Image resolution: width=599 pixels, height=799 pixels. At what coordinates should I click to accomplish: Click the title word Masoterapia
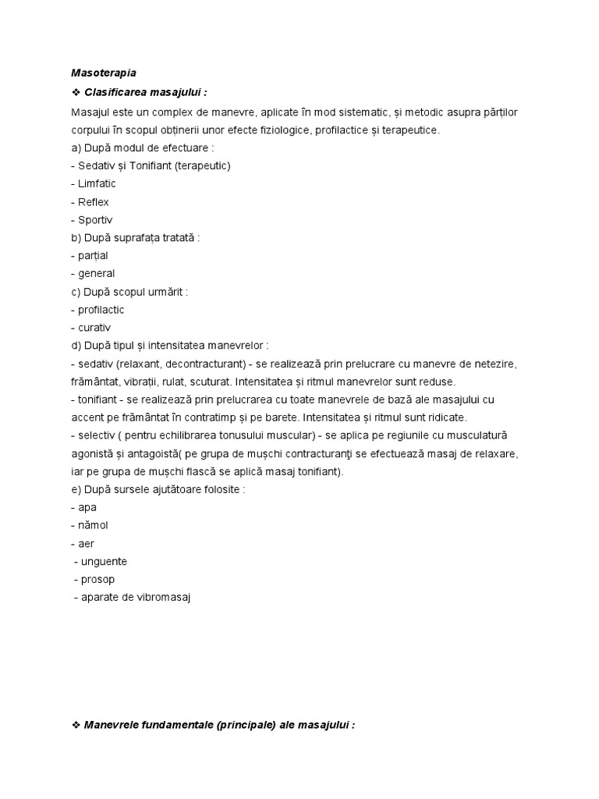tap(103, 74)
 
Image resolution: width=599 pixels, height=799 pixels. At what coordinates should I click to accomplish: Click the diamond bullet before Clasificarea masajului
tap(76, 94)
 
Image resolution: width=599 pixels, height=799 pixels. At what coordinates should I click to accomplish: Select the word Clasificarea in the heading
tap(118, 94)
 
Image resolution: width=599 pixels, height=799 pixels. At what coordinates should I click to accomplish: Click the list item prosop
tap(98, 580)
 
